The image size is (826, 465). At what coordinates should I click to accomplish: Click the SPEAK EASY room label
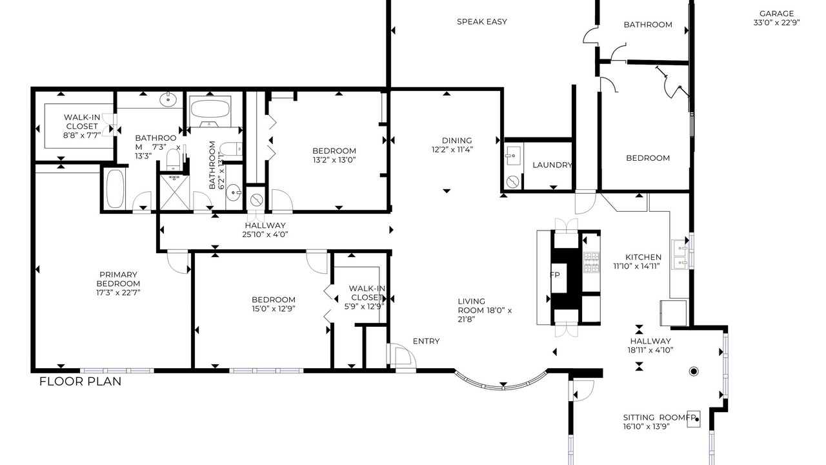point(481,22)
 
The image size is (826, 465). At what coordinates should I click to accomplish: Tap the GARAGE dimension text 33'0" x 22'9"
point(776,23)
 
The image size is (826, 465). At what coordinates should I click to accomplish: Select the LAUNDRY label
point(552,165)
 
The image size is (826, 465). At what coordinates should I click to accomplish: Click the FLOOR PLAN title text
point(81,381)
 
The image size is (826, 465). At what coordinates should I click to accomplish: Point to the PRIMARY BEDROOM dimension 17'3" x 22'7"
point(118,293)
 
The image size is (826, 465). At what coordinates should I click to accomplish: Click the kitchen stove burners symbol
point(591,262)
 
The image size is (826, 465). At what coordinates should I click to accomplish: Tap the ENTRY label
point(426,342)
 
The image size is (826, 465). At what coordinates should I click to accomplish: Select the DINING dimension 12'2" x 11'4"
point(452,149)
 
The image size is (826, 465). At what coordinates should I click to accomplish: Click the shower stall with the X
point(174,192)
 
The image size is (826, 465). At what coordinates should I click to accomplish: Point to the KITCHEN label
point(643,257)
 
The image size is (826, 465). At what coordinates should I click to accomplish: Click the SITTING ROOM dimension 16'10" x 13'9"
point(646,427)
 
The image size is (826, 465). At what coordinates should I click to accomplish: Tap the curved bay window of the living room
point(501,386)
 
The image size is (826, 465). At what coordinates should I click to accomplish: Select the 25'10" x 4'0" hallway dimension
point(265,234)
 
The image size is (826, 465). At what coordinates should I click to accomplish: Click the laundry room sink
point(513,156)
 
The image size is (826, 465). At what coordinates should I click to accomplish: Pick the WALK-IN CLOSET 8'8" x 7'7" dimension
point(82,135)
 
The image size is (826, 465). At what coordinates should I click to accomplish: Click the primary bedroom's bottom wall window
point(117,371)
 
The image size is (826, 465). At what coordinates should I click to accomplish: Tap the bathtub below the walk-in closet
point(115,189)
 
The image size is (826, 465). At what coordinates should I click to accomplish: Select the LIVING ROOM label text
point(472,306)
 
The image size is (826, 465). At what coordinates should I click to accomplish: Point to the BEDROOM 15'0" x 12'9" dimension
point(273,309)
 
